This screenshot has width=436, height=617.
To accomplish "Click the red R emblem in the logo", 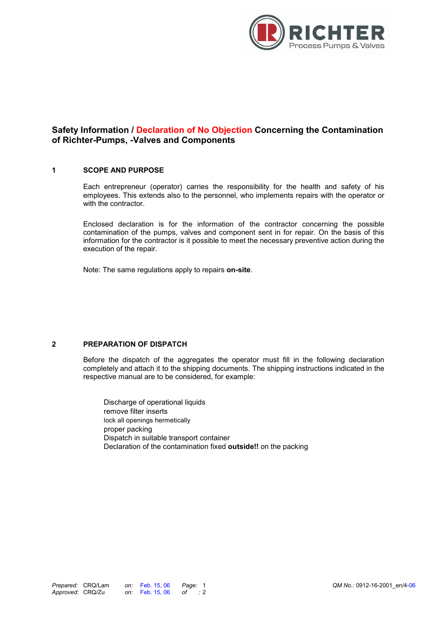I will (x=267, y=33).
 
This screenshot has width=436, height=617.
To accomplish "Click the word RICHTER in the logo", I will (x=337, y=33).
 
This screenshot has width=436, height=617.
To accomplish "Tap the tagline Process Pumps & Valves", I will (x=337, y=46).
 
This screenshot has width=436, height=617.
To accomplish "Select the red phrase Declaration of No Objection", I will (x=194, y=130).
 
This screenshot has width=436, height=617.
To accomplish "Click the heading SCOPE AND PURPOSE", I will (x=123, y=170).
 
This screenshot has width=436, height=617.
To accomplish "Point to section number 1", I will (x=54, y=170).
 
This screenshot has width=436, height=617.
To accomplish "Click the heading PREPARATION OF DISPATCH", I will (x=135, y=344).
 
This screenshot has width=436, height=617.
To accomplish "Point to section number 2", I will (x=54, y=344).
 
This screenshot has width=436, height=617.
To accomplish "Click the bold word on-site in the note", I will (x=238, y=270).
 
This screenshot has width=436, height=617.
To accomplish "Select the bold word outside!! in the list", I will (x=243, y=447).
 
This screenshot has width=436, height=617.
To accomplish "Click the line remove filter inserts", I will (x=135, y=411).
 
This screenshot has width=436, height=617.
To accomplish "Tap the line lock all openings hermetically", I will (x=147, y=421).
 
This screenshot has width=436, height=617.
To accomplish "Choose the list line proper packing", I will (x=128, y=429).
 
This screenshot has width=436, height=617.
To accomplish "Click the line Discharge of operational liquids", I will (x=154, y=402).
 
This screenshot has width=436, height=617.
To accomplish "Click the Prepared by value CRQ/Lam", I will (x=96, y=585).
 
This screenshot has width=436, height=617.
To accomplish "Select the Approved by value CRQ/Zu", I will (x=94, y=592).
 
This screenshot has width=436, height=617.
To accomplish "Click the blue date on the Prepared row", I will (x=155, y=585).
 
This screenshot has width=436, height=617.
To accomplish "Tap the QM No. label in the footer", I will (x=343, y=585).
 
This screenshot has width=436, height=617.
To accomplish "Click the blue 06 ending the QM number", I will (x=412, y=585).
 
